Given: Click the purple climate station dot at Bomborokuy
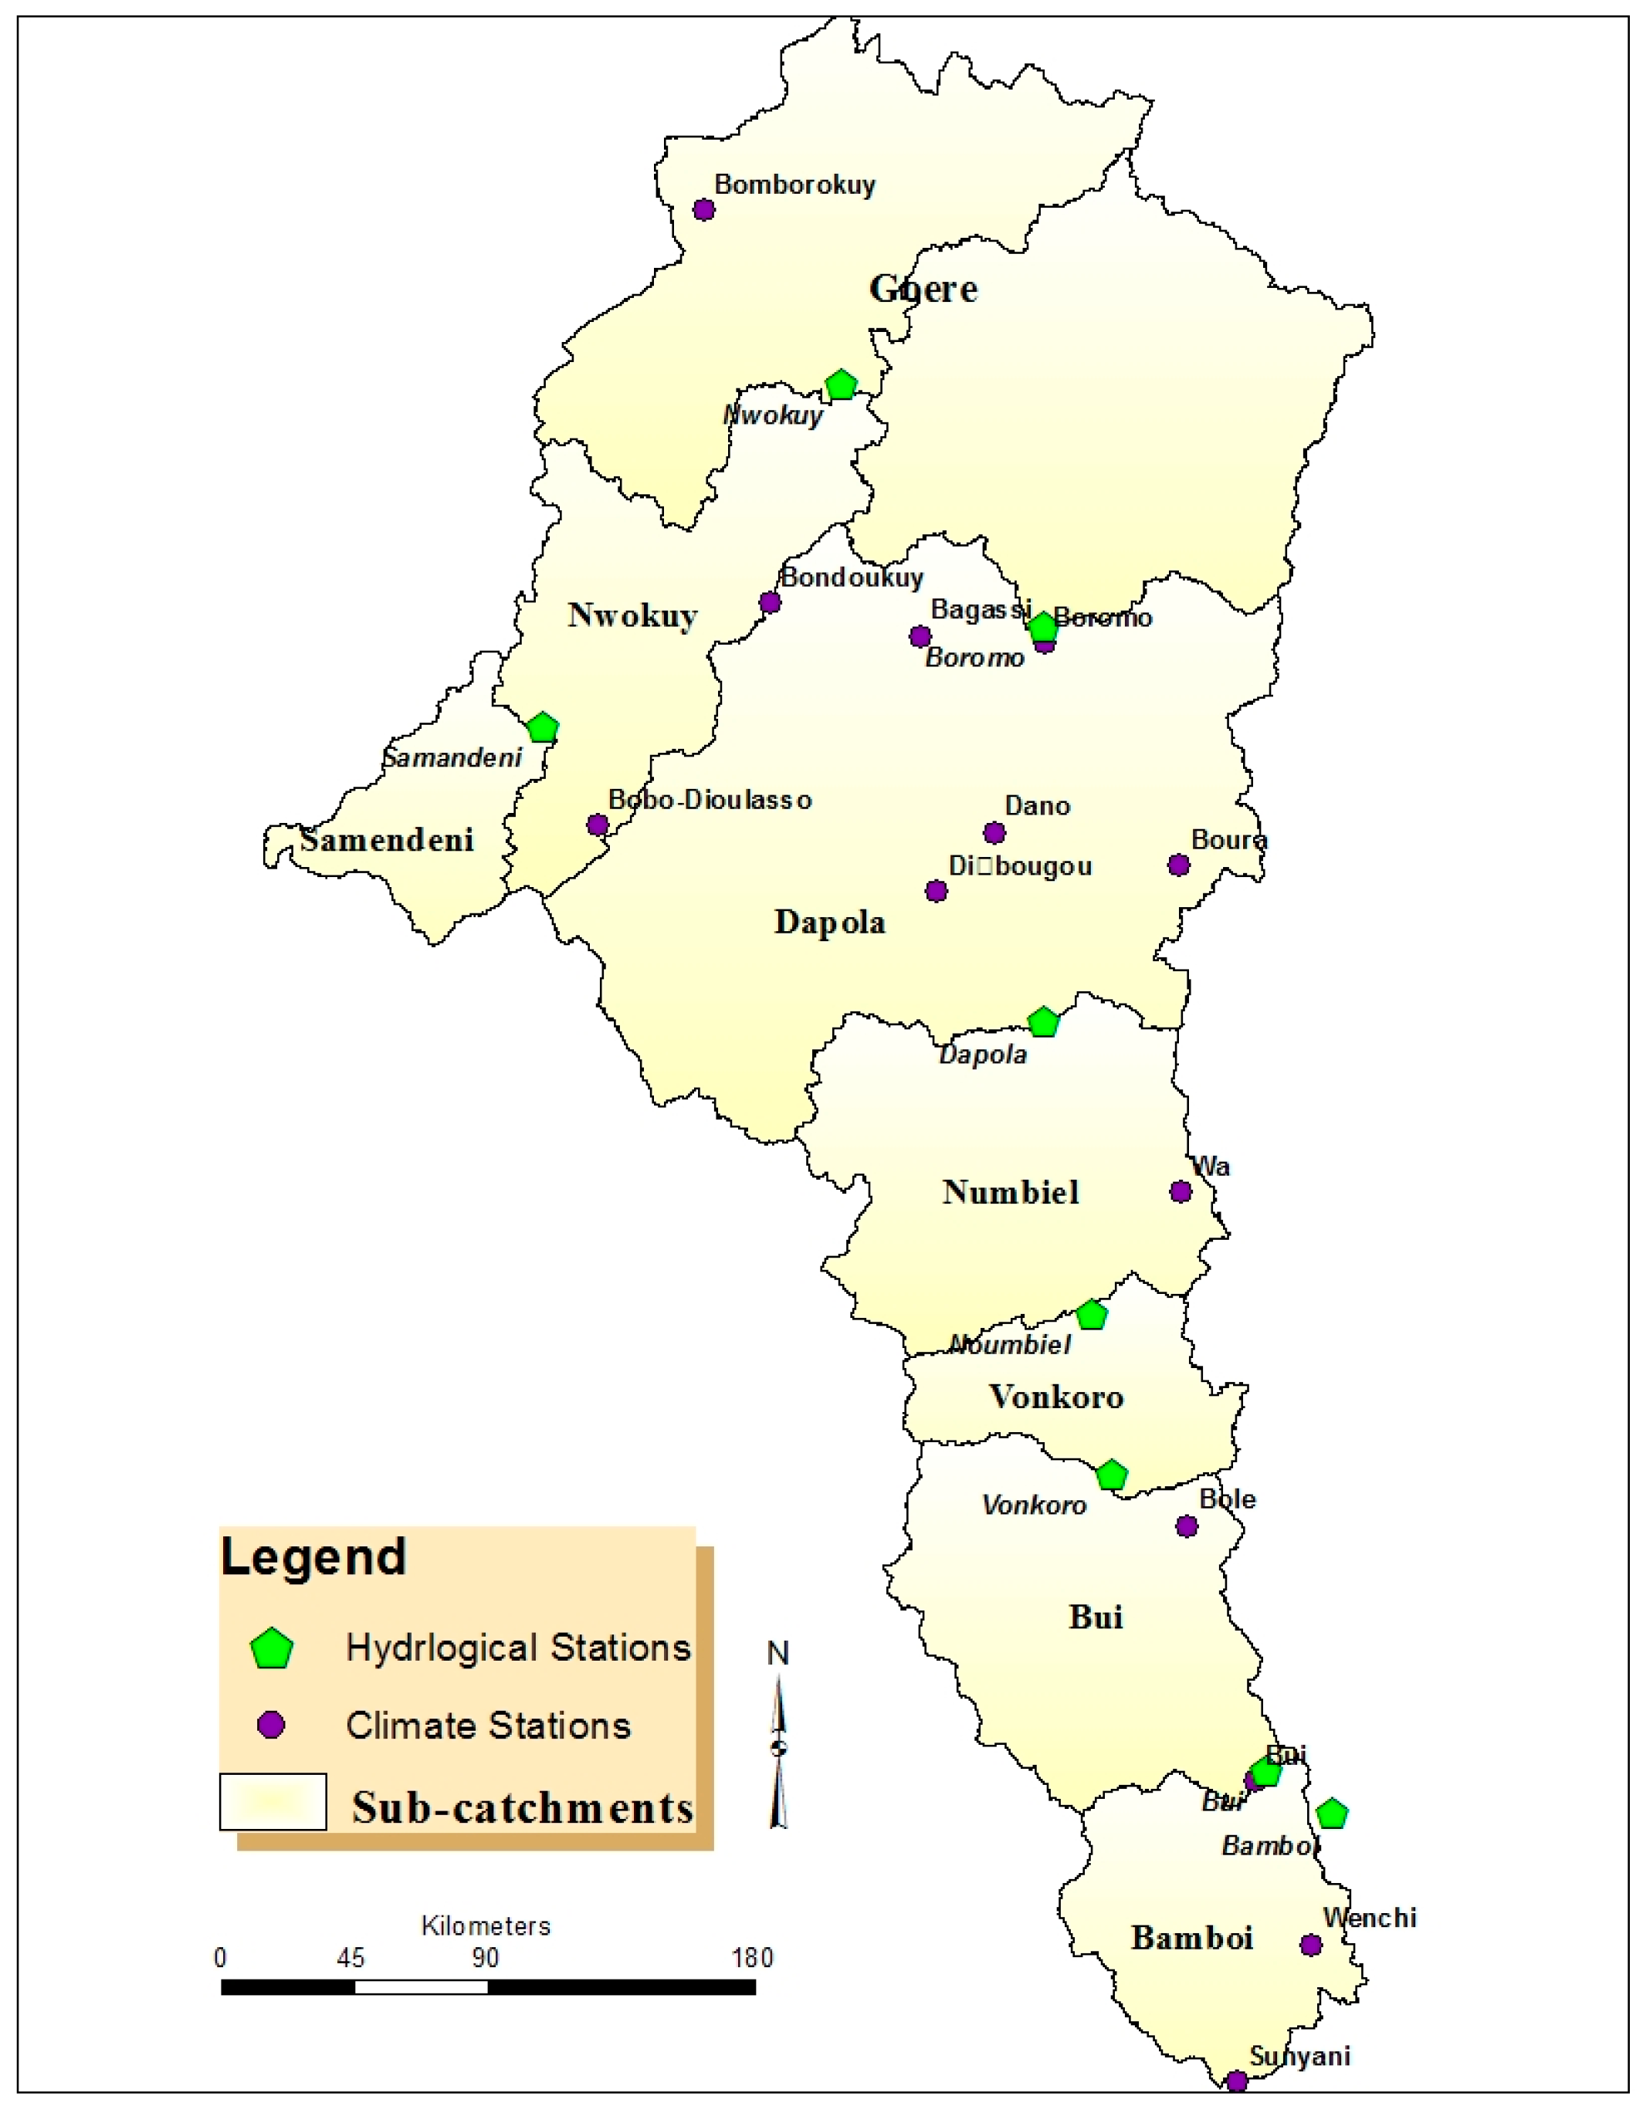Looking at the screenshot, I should click(704, 210).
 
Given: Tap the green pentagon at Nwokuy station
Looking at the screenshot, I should click(842, 384).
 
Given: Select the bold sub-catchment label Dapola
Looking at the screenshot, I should click(830, 923).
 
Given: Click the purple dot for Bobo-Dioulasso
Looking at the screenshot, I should click(598, 825).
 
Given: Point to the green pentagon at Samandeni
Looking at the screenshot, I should click(543, 727).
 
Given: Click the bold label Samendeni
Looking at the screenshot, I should click(386, 839).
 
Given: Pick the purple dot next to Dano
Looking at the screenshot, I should click(994, 833).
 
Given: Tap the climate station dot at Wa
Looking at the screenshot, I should click(1181, 1191).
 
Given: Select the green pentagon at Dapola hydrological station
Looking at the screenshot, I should click(1043, 1022).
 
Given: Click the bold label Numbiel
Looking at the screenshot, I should click(1011, 1192).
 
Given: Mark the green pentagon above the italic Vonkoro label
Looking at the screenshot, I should click(1112, 1475).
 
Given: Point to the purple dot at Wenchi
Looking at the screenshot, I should click(1311, 1945).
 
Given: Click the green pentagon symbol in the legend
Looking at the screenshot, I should click(272, 1649).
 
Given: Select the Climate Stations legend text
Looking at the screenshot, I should click(488, 1726).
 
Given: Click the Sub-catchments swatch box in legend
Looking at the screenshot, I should click(273, 1802).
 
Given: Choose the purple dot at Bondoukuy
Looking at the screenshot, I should click(770, 603).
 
